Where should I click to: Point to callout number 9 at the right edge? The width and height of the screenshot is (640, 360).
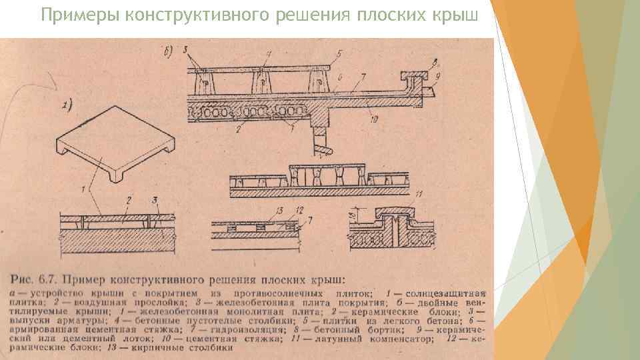coord(437,77)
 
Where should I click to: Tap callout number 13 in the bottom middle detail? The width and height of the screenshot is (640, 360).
coord(277,211)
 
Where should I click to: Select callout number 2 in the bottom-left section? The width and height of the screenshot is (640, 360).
coord(129,199)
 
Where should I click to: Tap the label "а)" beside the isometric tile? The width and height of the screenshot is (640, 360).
coord(68,104)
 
